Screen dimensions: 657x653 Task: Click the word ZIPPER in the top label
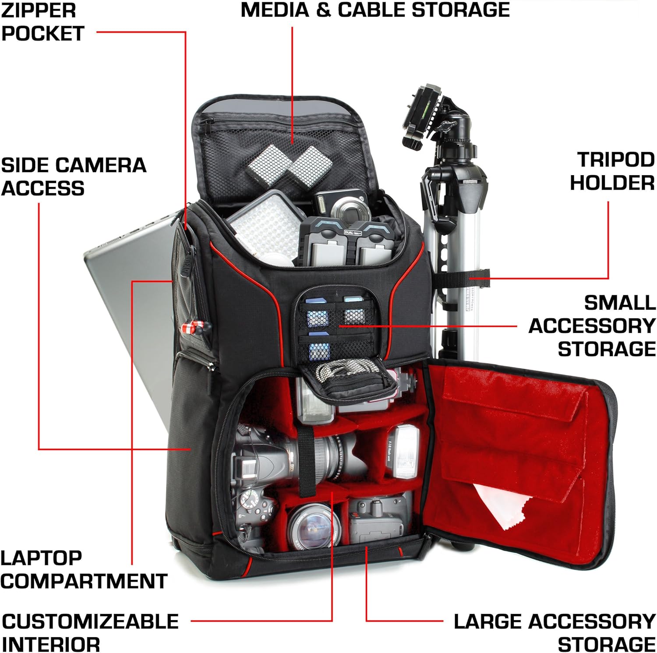(39, 10)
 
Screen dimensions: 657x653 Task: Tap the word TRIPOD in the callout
(616, 160)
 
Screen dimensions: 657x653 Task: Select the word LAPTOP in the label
(41, 558)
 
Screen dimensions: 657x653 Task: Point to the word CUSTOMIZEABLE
(90, 621)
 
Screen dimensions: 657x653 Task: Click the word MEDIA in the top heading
(275, 10)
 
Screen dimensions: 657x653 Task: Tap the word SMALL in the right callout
(620, 303)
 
